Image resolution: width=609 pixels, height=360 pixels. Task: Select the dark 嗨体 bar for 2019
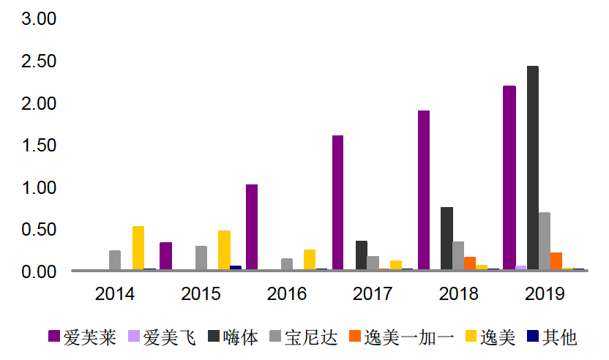point(532,168)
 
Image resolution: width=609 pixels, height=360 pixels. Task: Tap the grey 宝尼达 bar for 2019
point(544,241)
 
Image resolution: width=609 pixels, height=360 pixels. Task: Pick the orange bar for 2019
point(556,261)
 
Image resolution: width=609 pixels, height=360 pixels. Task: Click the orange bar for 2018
point(469,263)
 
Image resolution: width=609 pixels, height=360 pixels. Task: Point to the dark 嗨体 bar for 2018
point(447,239)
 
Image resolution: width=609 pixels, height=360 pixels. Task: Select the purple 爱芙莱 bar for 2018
point(423,190)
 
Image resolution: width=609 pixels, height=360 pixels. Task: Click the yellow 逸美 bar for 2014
point(138,248)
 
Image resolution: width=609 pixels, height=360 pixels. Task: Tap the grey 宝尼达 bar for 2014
point(115,260)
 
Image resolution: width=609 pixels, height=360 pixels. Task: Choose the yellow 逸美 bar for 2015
point(224,250)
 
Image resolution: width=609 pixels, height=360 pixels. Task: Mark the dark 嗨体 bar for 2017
point(361,255)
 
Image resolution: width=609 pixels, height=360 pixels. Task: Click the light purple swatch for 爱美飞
point(133,337)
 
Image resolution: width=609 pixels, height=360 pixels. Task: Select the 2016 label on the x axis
point(287,294)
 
